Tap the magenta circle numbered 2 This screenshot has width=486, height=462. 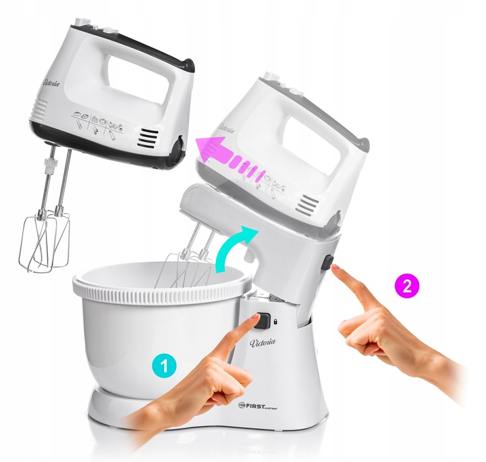(x=406, y=286)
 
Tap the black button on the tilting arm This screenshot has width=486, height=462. (x=327, y=263)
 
